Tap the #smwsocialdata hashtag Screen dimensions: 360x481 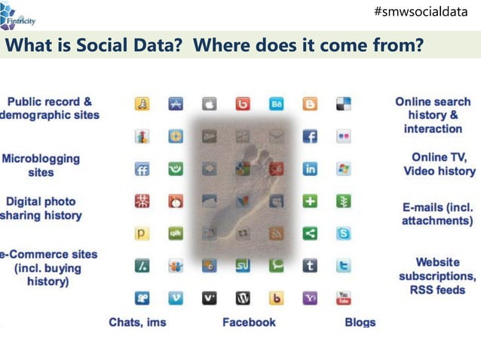[425, 12]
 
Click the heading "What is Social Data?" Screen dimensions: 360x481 [96, 45]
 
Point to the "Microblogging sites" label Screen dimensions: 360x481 [41, 166]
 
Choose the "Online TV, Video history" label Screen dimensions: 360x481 [440, 163]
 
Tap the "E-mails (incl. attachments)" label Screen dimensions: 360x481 [437, 213]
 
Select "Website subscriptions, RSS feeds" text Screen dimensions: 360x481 [438, 276]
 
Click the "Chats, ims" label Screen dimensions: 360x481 [137, 322]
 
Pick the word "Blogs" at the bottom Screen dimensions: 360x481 [360, 322]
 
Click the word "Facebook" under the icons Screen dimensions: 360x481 [249, 322]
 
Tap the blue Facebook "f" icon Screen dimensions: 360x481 [310, 136]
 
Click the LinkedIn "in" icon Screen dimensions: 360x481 [310, 169]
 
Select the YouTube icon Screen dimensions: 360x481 [344, 298]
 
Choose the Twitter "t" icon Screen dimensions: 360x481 [344, 266]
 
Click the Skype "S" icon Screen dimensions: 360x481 [344, 233]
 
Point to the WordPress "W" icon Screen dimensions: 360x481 [243, 298]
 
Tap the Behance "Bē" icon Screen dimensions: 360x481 [277, 104]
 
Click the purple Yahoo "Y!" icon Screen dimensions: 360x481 [310, 298]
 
